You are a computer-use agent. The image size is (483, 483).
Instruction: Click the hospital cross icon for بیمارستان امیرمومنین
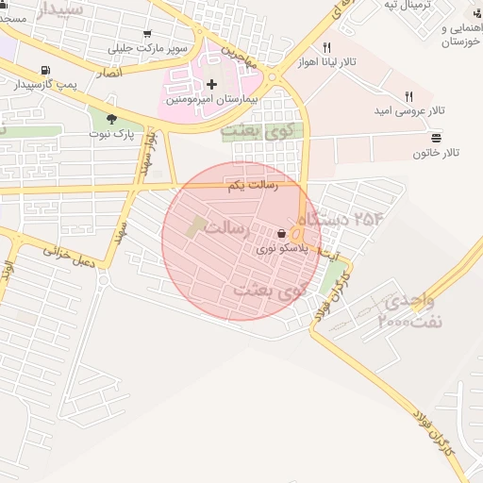(x=210, y=85)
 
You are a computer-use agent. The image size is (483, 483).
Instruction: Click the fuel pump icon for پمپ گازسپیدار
(x=45, y=71)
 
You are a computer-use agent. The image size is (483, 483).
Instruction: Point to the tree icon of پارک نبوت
(x=113, y=119)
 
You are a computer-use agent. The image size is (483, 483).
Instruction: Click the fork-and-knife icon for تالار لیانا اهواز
(x=326, y=47)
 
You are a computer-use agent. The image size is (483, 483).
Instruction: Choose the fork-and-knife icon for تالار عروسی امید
(x=408, y=96)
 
